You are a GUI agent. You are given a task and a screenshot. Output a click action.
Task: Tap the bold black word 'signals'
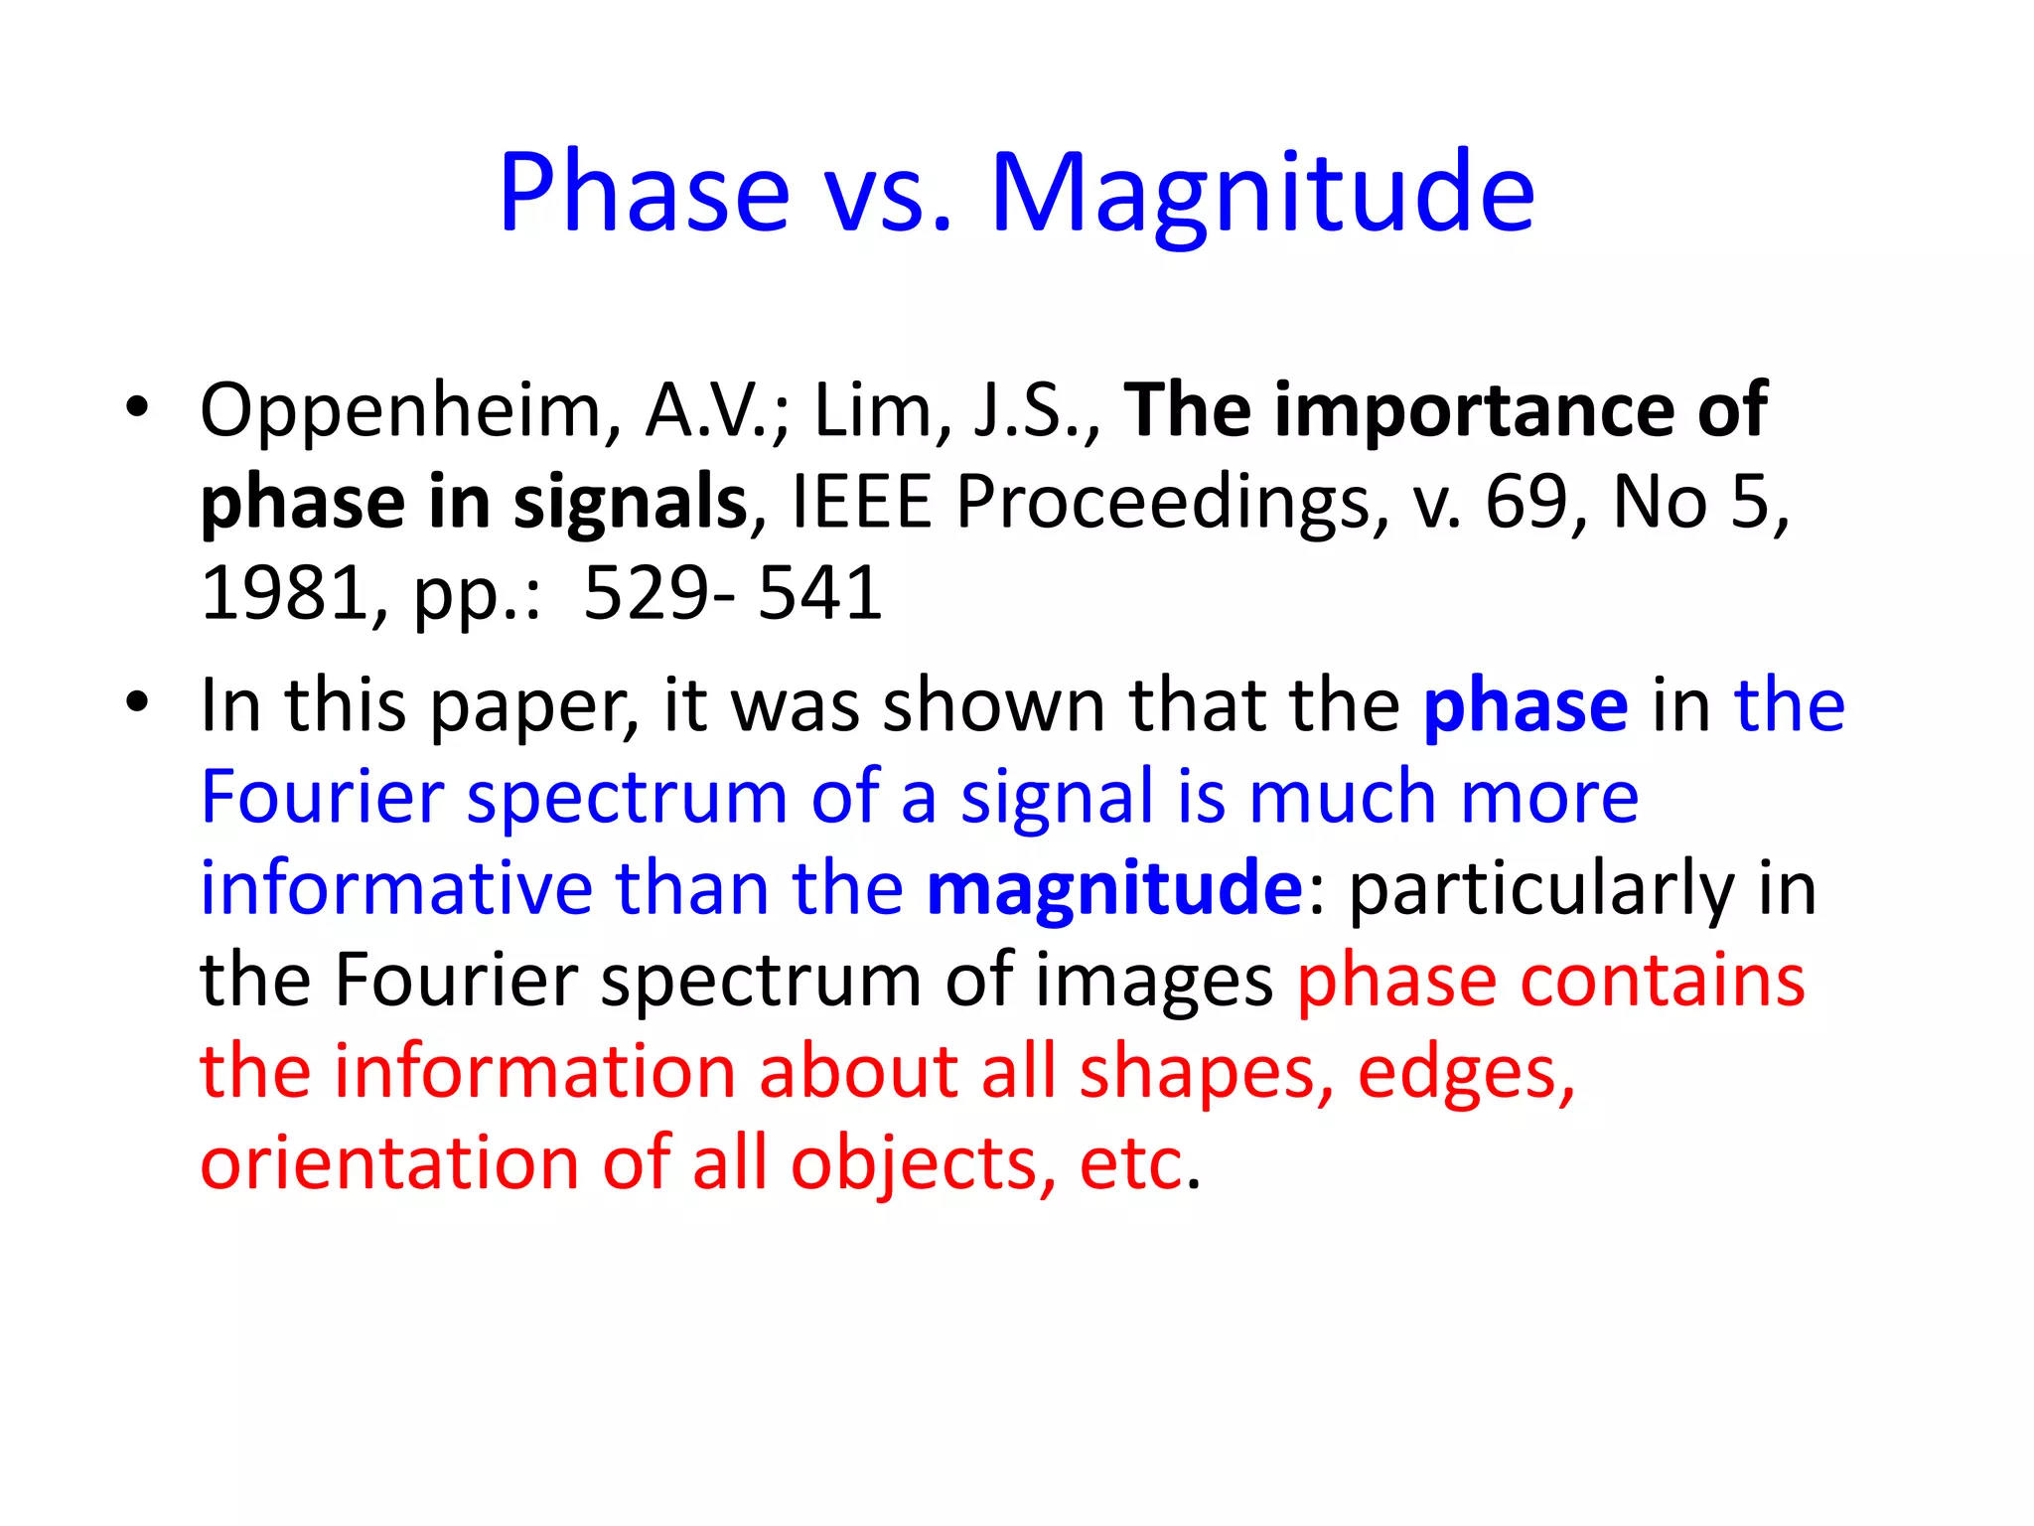[x=630, y=502]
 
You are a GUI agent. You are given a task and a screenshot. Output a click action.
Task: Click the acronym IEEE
[x=861, y=502]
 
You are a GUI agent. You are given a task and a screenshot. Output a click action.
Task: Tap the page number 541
[x=819, y=593]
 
